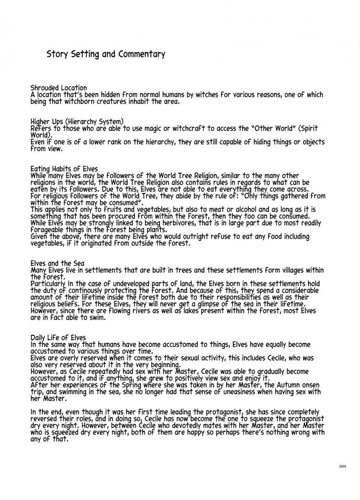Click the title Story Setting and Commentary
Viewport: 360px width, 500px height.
[106, 54]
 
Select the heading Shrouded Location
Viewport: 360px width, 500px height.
[58, 87]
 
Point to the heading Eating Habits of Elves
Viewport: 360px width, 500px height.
[64, 168]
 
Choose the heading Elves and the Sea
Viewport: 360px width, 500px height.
[57, 263]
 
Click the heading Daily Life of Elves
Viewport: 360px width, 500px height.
[58, 337]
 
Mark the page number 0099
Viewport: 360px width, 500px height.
[343, 467]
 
